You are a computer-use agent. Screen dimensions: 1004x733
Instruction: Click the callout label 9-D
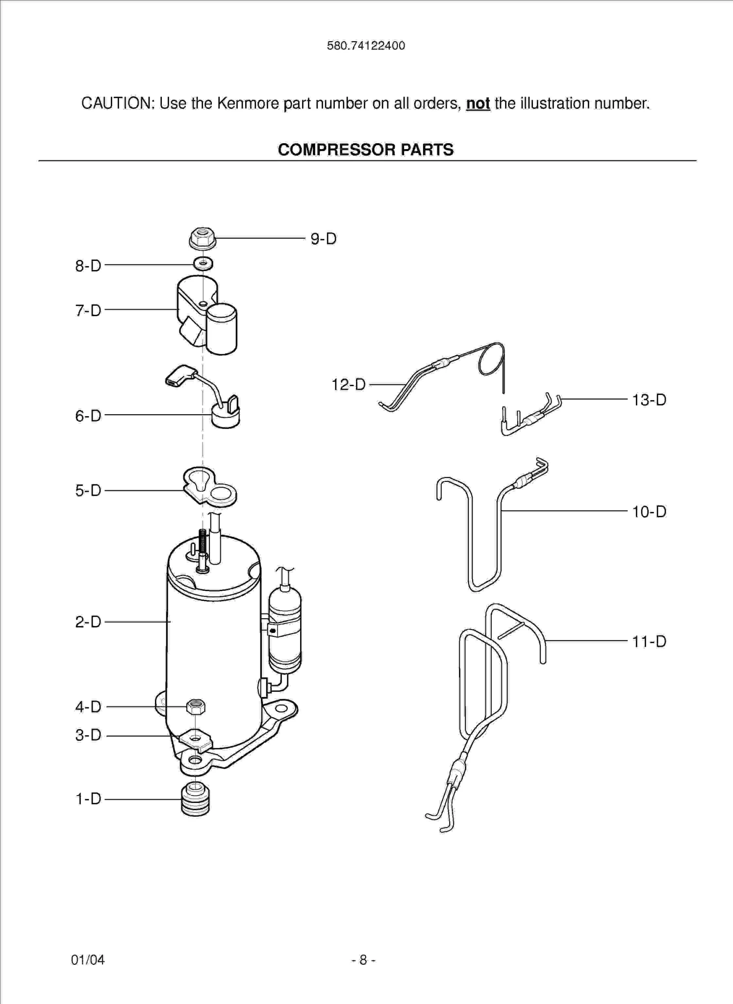pyautogui.click(x=323, y=239)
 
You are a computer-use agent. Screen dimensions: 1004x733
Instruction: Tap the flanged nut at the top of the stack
pyautogui.click(x=202, y=238)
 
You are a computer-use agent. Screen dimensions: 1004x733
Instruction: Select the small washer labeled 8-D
pyautogui.click(x=203, y=264)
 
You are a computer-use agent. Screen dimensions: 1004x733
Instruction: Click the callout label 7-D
pyautogui.click(x=88, y=310)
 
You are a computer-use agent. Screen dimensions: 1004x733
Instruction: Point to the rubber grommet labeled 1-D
pyautogui.click(x=195, y=800)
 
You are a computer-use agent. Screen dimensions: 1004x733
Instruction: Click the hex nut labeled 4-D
pyautogui.click(x=196, y=706)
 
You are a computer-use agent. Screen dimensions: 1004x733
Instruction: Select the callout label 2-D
pyautogui.click(x=88, y=622)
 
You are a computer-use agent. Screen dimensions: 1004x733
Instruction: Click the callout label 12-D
pyautogui.click(x=349, y=384)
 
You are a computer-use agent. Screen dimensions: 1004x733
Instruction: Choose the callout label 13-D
pyautogui.click(x=649, y=400)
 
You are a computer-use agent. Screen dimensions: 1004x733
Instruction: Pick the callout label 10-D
pyautogui.click(x=649, y=512)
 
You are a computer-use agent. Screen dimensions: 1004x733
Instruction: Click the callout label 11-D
pyautogui.click(x=649, y=641)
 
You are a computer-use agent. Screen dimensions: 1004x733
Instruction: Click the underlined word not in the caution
pyautogui.click(x=478, y=103)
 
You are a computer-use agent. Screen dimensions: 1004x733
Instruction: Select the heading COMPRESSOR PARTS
pyautogui.click(x=366, y=150)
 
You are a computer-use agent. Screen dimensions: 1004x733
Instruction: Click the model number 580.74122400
pyautogui.click(x=366, y=46)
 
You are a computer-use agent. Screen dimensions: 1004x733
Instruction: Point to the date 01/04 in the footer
pyautogui.click(x=88, y=959)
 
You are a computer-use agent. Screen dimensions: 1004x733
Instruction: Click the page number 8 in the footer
pyautogui.click(x=363, y=959)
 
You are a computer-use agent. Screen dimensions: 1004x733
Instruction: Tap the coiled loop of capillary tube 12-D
pyautogui.click(x=491, y=359)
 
